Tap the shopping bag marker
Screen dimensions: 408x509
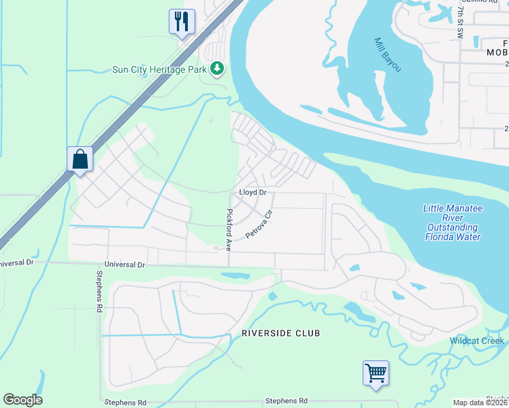(x=80, y=159)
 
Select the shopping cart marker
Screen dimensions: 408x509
(x=376, y=373)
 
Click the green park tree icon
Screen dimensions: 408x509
(x=217, y=69)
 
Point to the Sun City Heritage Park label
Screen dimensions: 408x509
(x=161, y=69)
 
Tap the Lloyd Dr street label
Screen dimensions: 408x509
(x=252, y=192)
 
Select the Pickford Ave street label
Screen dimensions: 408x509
(x=229, y=228)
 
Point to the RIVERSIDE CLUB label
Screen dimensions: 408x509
(x=280, y=333)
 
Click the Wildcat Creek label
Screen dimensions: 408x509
(x=476, y=341)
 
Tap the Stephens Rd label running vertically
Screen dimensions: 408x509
(x=99, y=298)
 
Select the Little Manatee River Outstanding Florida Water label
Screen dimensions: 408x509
(x=453, y=222)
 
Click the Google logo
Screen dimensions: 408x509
(x=22, y=400)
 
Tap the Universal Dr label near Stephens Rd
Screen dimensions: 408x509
(x=125, y=264)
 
